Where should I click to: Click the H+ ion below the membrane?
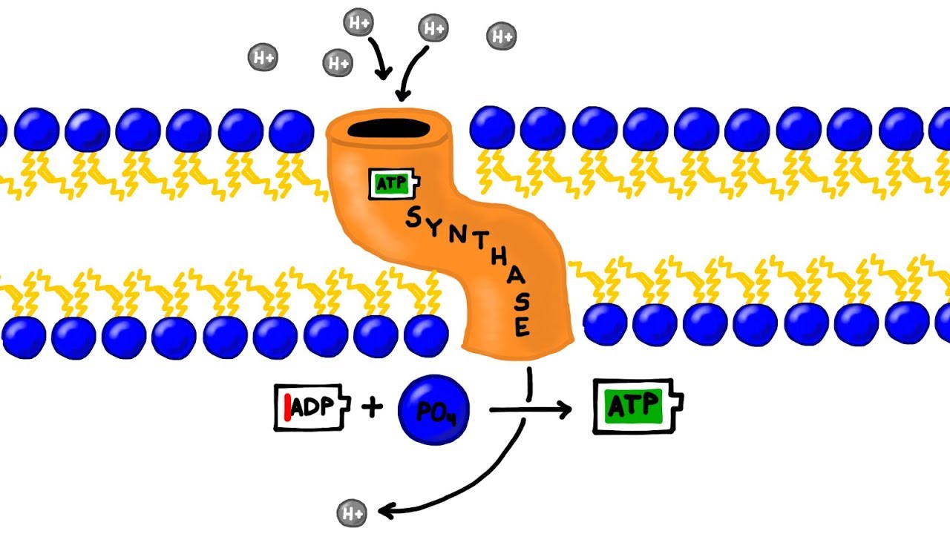click(x=352, y=512)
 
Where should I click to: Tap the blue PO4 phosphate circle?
click(x=433, y=409)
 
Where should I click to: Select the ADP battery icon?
click(x=312, y=407)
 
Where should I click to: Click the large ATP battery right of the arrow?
click(x=636, y=406)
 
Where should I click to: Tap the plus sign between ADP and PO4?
click(x=373, y=406)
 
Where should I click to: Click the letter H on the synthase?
click(x=494, y=265)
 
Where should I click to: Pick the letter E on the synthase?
click(x=522, y=326)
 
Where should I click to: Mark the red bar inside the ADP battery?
click(x=286, y=407)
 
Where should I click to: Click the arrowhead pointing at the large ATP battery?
click(x=566, y=409)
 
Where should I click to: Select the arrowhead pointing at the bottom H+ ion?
click(x=384, y=510)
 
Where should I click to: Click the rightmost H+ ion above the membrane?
click(x=502, y=35)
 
